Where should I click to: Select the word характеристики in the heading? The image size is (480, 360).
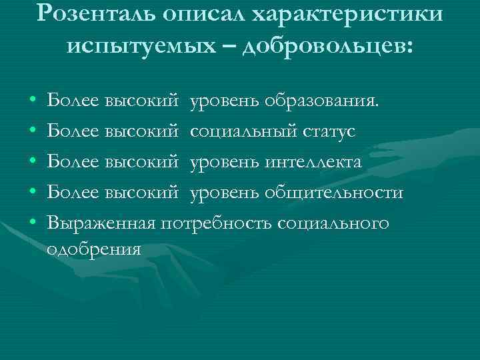(x=358, y=13)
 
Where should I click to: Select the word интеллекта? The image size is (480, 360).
(x=313, y=162)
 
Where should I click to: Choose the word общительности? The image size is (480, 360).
(x=334, y=193)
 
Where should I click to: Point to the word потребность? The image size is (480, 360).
(x=219, y=223)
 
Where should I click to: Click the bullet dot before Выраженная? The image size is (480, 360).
(x=33, y=223)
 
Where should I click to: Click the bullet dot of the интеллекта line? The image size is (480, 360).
(x=33, y=163)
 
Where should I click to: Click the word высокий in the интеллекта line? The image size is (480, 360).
(x=141, y=162)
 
